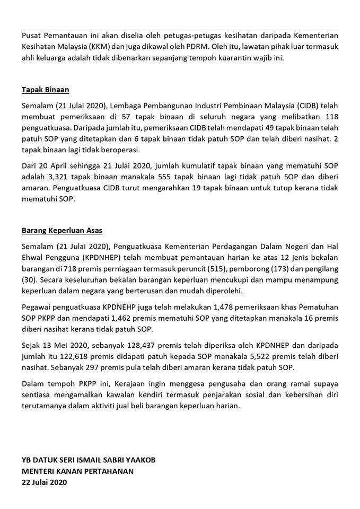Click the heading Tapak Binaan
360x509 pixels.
tap(46, 90)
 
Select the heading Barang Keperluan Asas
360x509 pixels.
tap(62, 231)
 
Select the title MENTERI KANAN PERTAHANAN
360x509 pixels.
tap(78, 471)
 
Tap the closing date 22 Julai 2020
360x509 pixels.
tap(45, 482)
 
